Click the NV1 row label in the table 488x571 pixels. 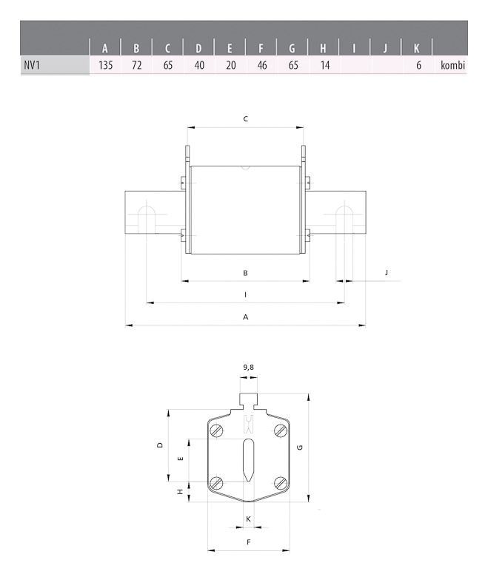32,66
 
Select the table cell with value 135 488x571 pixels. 105,66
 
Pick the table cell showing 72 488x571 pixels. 136,66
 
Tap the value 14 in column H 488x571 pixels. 323,66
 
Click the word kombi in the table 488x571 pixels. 452,66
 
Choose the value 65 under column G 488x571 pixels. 292,66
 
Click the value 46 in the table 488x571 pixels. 261,66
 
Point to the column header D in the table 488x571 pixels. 198,49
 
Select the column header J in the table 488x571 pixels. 385,49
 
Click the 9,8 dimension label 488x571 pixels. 249,366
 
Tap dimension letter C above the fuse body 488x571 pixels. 245,118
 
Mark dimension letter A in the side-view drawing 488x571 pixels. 245,317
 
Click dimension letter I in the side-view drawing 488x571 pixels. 245,294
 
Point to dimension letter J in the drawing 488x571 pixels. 386,273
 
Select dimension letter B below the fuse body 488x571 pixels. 245,273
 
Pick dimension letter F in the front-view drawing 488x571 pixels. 248,542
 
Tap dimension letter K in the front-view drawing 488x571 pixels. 248,518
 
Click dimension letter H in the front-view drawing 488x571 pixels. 180,492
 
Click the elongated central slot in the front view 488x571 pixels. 248,459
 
